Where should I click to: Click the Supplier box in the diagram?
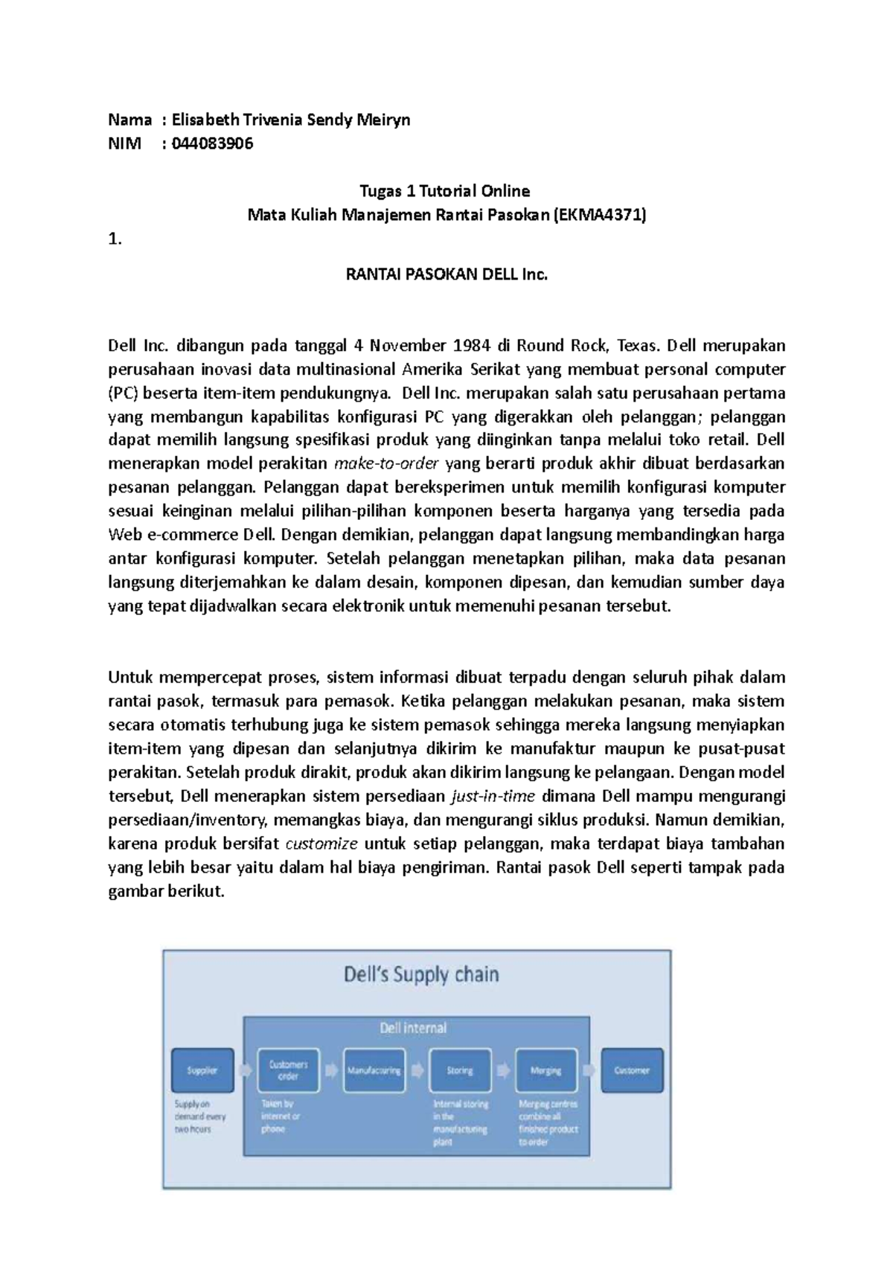click(x=202, y=1070)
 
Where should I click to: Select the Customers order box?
click(x=288, y=1070)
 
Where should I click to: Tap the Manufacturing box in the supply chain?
click(x=374, y=1070)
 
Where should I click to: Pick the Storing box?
click(x=460, y=1070)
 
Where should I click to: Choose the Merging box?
click(x=545, y=1070)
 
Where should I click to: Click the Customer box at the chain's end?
click(x=632, y=1070)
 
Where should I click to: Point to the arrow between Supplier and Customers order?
click(x=246, y=1070)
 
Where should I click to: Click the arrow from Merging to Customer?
click(x=589, y=1070)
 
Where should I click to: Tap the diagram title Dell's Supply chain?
click(x=421, y=974)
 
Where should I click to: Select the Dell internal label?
click(x=413, y=1028)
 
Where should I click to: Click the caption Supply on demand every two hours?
click(x=199, y=1116)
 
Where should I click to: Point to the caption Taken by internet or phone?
click(x=280, y=1116)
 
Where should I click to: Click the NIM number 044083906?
click(x=212, y=144)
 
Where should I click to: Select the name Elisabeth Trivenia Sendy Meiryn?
click(x=291, y=120)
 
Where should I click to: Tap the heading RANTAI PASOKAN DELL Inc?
click(x=446, y=274)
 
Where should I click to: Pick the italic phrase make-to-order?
click(x=388, y=463)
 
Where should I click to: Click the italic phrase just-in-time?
click(x=493, y=797)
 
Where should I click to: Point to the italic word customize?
click(x=321, y=844)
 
